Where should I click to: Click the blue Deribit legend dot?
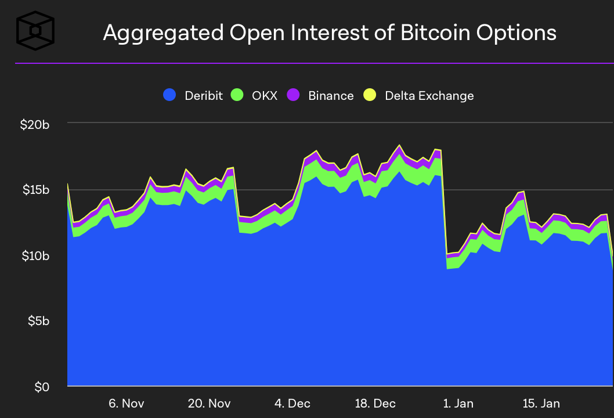[169, 95]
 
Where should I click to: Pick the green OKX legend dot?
[237, 95]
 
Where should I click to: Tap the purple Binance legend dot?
[294, 95]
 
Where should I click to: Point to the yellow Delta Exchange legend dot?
[370, 95]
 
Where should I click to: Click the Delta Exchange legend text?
[429, 96]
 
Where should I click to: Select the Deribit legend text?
[203, 96]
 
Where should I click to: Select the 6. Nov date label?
[126, 403]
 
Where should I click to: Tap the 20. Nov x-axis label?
[210, 403]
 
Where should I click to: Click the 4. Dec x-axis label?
[292, 403]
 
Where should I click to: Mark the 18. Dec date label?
[376, 403]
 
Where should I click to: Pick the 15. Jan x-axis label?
[541, 403]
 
